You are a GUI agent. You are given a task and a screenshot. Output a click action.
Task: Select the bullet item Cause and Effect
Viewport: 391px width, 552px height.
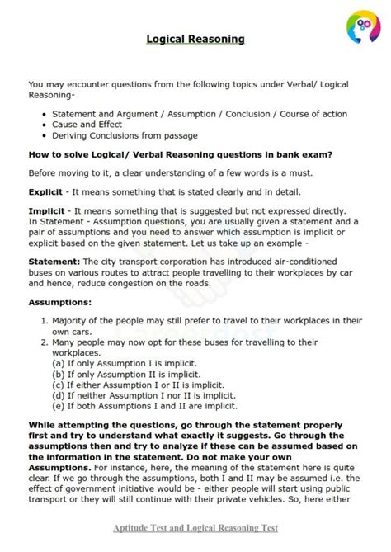[88, 124]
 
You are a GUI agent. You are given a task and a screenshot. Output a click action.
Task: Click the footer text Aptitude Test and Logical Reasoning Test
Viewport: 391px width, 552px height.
[195, 527]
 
